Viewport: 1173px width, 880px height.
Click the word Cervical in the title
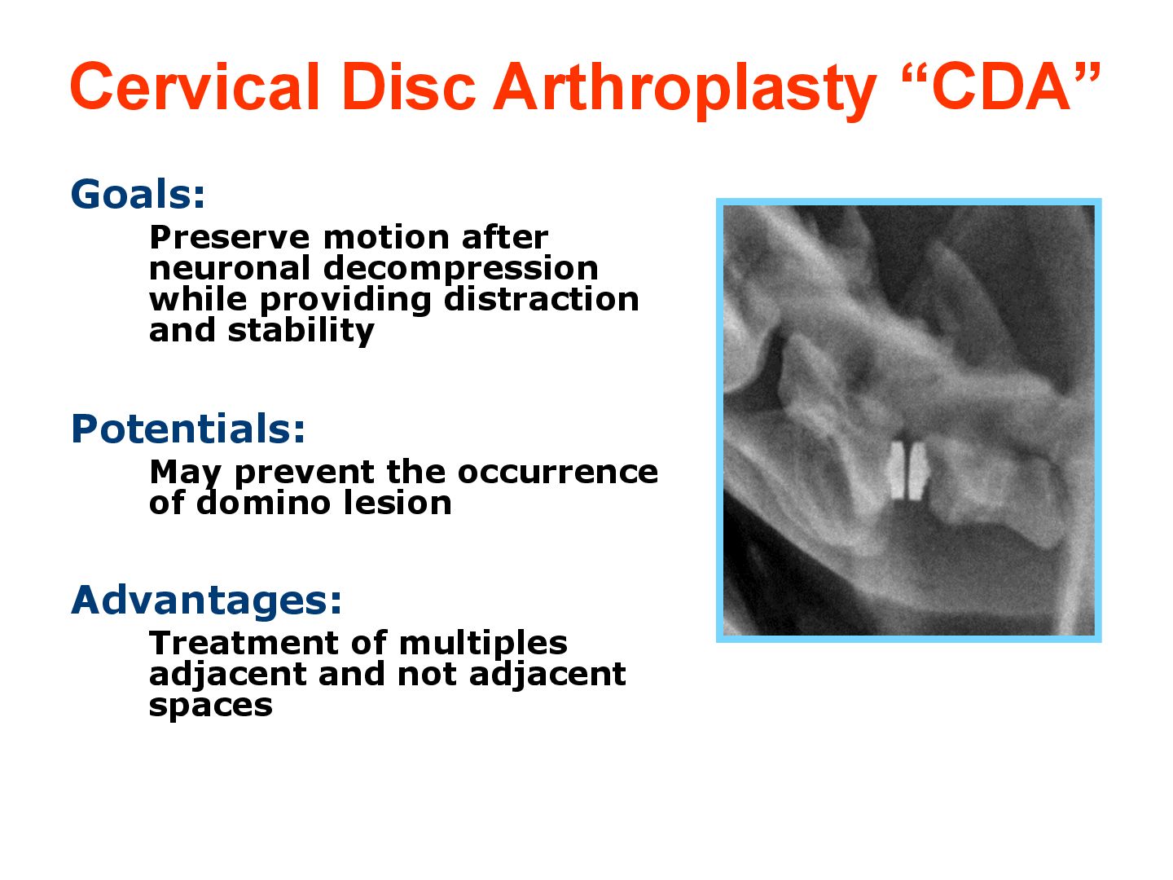pyautogui.click(x=195, y=86)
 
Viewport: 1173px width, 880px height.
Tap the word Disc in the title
pyautogui.click(x=408, y=86)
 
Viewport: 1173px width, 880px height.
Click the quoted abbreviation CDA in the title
pyautogui.click(x=1000, y=86)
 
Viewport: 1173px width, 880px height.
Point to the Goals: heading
pyautogui.click(x=138, y=194)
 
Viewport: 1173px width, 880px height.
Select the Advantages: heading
pyautogui.click(x=206, y=601)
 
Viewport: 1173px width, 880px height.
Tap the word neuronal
pyautogui.click(x=229, y=268)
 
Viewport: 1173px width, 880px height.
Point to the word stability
pyautogui.click(x=301, y=332)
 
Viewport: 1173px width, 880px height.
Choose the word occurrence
pyautogui.click(x=558, y=473)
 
